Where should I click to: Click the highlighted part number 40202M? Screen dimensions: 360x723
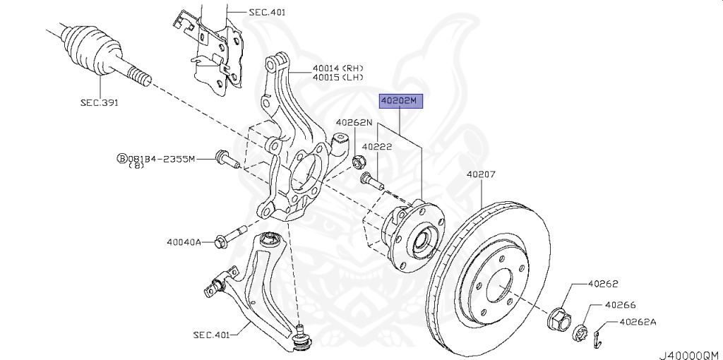tap(400, 102)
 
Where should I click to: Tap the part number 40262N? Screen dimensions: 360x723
tap(353, 122)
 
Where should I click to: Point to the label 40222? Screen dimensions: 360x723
tap(378, 147)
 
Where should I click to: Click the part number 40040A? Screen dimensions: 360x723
tap(184, 242)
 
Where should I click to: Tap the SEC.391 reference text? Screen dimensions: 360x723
tap(99, 103)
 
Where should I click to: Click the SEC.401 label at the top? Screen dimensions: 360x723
tap(268, 12)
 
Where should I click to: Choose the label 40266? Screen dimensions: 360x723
tap(620, 305)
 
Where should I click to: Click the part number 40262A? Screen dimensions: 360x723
tap(638, 323)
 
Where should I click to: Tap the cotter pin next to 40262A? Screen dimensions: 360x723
tap(598, 336)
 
